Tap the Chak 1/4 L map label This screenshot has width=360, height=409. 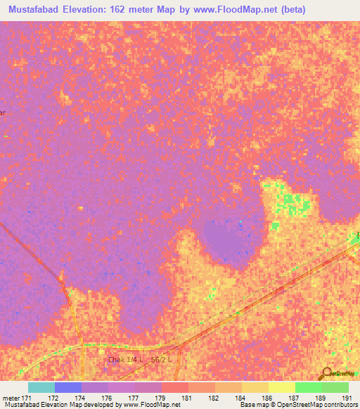[125, 359]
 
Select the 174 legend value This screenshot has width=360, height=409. [81, 398]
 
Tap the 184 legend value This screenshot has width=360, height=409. [240, 398]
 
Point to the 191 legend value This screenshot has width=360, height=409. [346, 398]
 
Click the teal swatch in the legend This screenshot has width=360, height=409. [41, 387]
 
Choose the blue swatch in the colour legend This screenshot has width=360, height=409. [67, 387]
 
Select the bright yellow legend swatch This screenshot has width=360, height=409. [281, 387]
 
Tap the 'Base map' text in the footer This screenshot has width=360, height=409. [252, 405]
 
